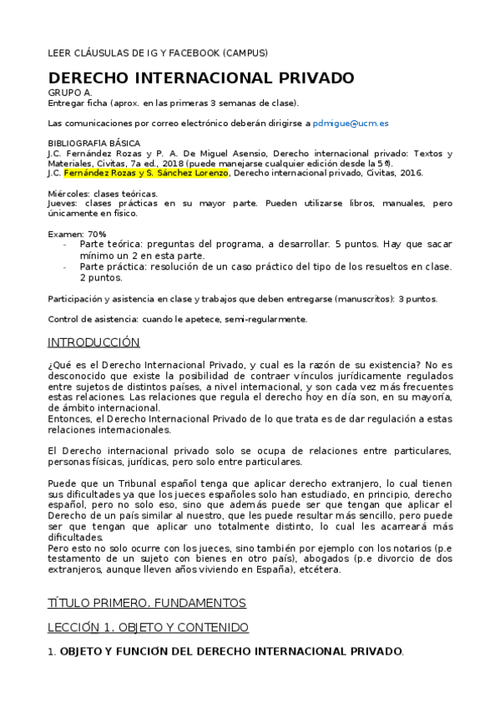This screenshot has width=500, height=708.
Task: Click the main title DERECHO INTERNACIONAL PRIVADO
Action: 201,78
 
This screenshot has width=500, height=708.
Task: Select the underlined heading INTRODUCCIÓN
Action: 93,343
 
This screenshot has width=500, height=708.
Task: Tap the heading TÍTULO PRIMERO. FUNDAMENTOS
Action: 146,603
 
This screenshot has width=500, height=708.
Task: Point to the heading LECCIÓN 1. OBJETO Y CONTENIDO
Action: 148,627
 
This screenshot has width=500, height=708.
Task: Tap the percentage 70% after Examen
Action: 97,233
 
